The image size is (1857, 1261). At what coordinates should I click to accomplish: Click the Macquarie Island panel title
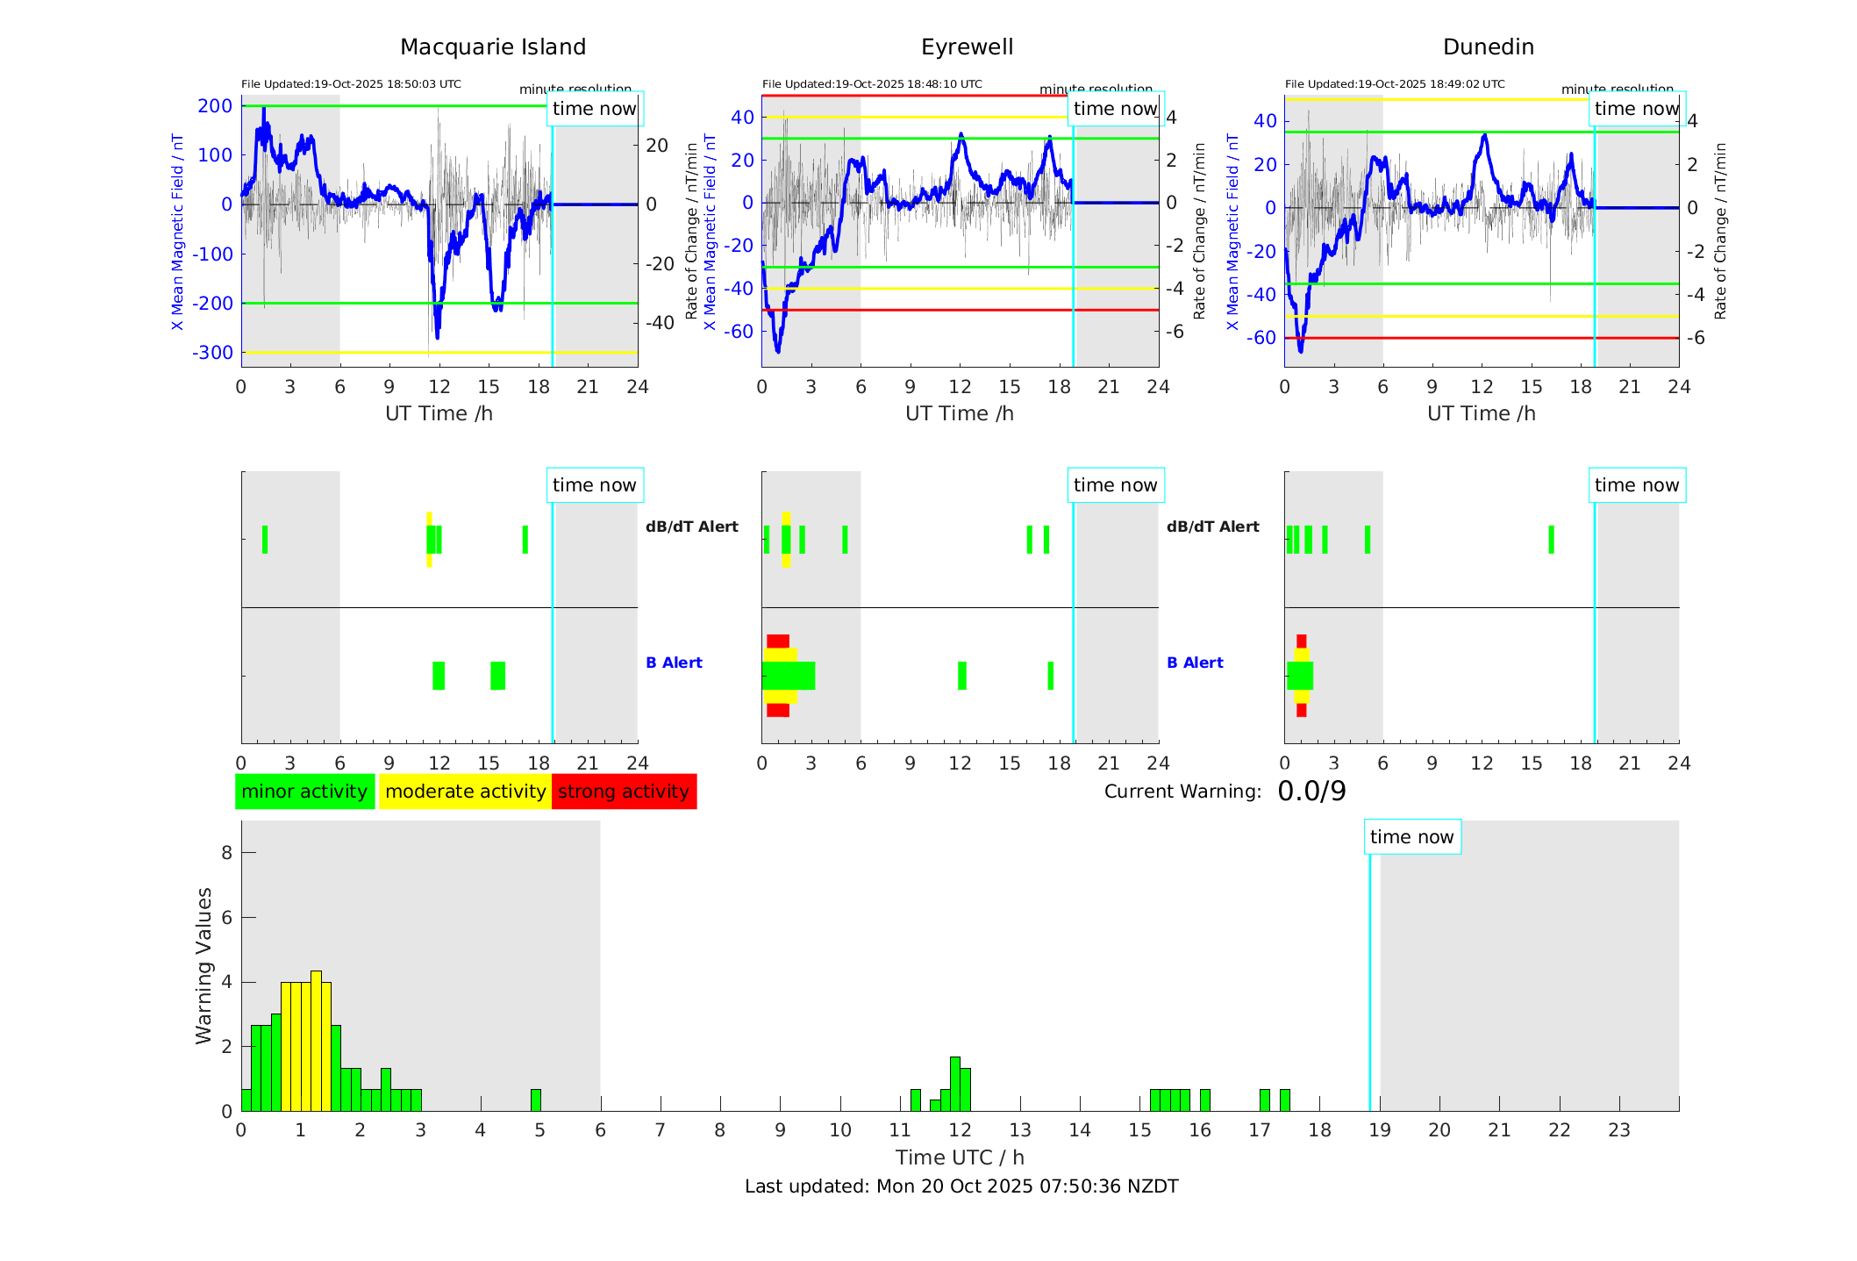coord(492,47)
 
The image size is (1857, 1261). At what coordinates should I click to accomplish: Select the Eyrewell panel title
coord(967,47)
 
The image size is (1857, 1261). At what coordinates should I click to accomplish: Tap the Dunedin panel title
coord(1488,47)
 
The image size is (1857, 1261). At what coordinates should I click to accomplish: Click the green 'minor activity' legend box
coord(304,792)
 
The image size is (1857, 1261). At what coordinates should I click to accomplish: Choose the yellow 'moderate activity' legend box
coord(465,792)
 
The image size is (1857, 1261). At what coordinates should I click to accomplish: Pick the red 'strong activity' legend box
coord(624,792)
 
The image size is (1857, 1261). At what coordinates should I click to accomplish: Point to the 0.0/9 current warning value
coord(1311,792)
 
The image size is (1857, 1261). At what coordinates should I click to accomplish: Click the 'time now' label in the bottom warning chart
coord(1411,837)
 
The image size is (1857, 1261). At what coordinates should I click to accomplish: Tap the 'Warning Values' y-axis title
coord(204,965)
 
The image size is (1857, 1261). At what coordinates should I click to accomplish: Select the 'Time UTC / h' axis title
coord(960,1157)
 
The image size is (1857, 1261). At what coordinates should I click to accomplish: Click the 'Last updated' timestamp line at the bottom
coord(961,1186)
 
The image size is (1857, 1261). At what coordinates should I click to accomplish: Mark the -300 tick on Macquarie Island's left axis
coord(212,353)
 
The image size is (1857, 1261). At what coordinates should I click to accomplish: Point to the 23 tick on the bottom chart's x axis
coord(1618,1130)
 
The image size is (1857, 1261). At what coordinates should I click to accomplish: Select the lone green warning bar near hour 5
coord(536,1100)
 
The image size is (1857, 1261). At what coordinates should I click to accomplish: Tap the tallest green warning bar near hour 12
coord(955,1085)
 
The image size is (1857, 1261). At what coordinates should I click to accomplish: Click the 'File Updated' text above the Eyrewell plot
coord(872,84)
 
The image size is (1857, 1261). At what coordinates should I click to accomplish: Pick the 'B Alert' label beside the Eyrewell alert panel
coord(1195,663)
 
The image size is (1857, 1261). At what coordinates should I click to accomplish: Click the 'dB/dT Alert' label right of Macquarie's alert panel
coord(692,527)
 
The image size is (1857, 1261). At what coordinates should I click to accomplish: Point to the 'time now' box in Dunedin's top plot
coord(1636,109)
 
